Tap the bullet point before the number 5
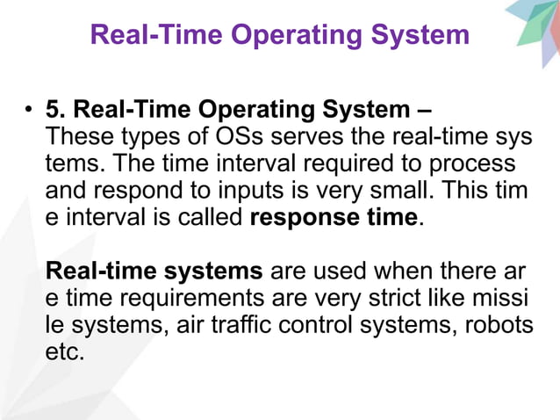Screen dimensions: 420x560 tap(28, 111)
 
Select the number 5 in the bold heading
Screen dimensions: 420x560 tap(54, 111)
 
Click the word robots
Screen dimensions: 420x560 tap(499, 325)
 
